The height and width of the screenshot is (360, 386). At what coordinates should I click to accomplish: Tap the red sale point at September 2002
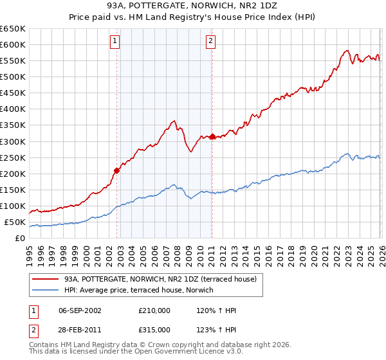click(116, 170)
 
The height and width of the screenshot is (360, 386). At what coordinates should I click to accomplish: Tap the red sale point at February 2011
click(212, 136)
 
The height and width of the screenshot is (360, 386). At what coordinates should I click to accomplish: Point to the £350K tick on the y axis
click(13, 125)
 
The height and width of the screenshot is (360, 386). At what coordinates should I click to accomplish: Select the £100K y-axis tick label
click(13, 206)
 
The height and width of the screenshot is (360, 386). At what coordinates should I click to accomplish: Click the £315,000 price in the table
click(154, 329)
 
